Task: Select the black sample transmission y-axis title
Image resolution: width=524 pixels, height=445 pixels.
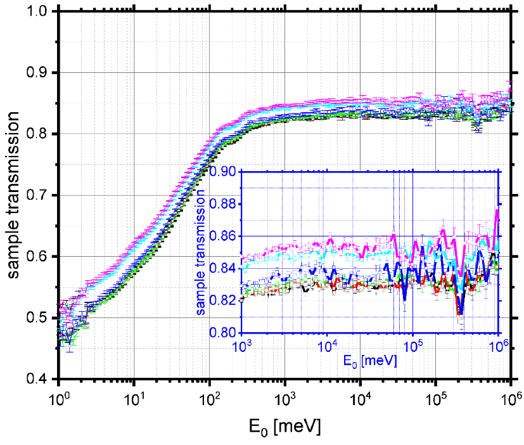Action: [x=14, y=196]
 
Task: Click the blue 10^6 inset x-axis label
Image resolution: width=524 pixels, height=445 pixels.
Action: [x=499, y=346]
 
